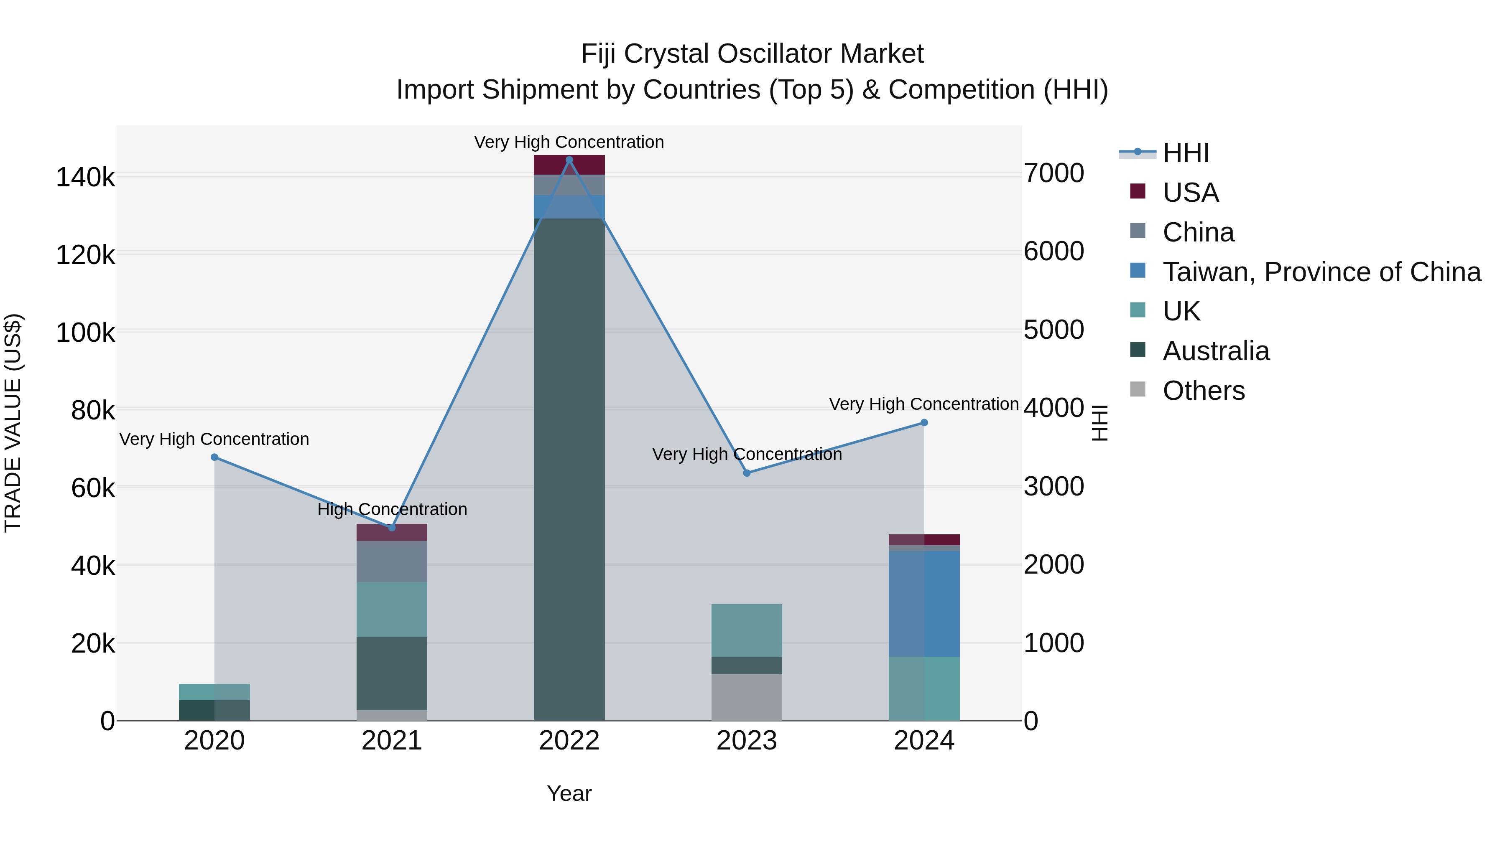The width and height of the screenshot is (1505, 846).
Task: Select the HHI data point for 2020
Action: coord(214,457)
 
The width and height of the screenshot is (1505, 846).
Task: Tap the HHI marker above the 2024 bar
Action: coord(923,423)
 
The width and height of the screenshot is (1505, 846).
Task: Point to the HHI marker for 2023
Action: coord(747,473)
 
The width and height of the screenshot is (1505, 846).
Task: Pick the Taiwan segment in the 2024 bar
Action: coord(923,603)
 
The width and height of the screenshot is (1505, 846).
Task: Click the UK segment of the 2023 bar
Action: coord(747,630)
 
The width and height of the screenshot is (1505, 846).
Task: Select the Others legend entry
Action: coord(1204,391)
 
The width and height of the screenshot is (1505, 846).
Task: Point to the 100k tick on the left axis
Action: coord(85,333)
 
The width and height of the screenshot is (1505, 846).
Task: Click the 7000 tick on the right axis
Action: coord(1053,173)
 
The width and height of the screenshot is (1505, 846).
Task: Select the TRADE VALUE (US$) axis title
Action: coord(13,423)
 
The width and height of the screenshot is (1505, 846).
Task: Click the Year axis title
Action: coord(569,793)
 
